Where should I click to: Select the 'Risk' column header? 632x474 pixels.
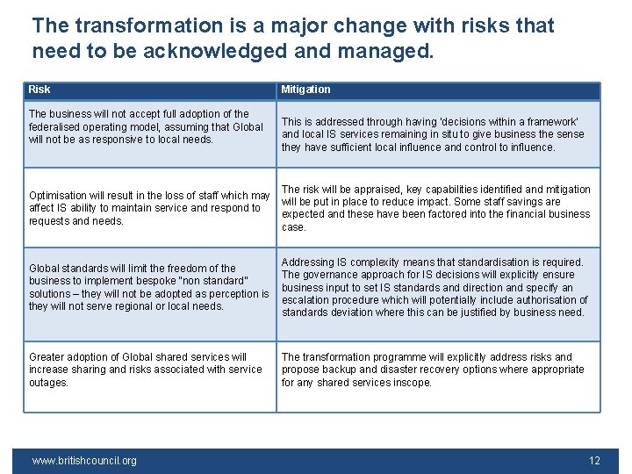[39, 90]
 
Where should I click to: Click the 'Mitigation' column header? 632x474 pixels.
[305, 90]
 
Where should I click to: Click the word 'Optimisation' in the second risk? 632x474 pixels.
[58, 196]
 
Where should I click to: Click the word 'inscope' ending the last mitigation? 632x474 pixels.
[413, 383]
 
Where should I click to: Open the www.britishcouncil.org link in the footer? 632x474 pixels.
[84, 461]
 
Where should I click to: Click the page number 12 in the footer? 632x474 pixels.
[594, 461]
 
